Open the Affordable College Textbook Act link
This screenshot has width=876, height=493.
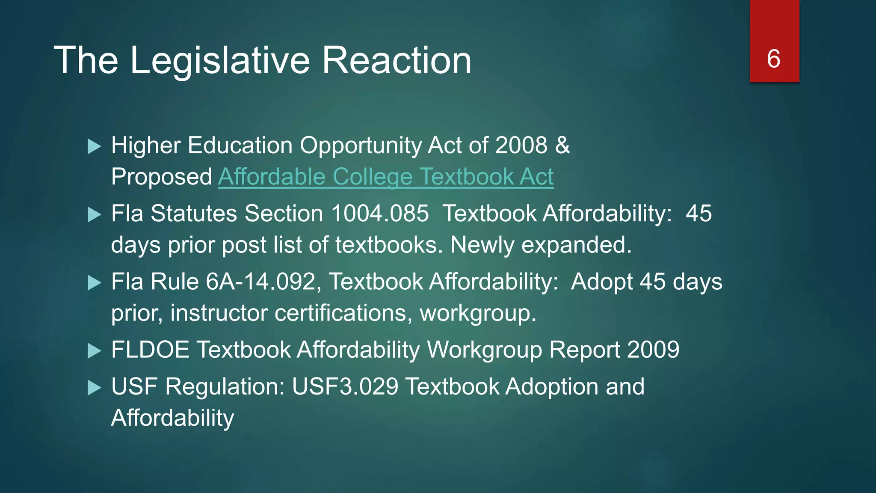point(386,177)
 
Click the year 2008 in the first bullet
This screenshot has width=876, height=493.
point(521,146)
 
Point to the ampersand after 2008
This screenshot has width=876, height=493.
point(562,146)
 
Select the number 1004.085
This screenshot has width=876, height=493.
point(379,213)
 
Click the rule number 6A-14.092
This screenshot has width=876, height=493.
point(260,282)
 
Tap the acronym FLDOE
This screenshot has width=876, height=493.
point(150,350)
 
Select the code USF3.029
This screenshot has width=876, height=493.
point(345,386)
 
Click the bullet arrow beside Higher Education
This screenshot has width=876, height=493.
point(94,146)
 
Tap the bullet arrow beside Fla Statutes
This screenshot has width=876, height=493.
point(94,214)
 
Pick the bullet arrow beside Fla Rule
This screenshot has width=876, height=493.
point(94,283)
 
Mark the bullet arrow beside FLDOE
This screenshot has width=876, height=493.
point(94,351)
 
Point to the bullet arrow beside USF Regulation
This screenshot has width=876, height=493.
point(94,388)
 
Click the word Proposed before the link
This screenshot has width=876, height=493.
point(161,177)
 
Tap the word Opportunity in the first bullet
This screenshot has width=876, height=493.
point(361,146)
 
